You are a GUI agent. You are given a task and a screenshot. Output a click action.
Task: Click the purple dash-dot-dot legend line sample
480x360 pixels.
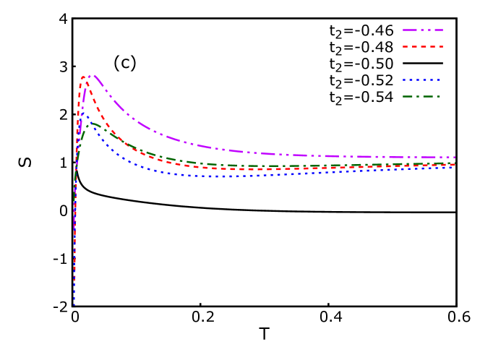pyautogui.click(x=423, y=30)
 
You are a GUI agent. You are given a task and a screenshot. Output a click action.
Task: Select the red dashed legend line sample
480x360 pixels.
pyautogui.click(x=423, y=47)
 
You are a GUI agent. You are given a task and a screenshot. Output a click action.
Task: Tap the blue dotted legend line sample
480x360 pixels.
pyautogui.click(x=422, y=80)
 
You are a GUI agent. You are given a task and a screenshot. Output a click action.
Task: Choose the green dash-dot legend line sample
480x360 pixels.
pyautogui.click(x=421, y=96)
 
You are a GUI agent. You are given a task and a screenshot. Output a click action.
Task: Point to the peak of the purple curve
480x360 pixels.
pyautogui.click(x=90, y=74)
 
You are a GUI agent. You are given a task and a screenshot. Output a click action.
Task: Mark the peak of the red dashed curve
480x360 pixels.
pyautogui.click(x=83, y=77)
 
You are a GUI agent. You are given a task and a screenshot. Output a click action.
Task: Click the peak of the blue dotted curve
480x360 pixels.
pyautogui.click(x=82, y=113)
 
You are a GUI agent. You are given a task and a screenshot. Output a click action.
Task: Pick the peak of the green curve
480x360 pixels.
pyautogui.click(x=92, y=123)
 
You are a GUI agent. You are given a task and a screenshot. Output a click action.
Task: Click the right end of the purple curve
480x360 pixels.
pyautogui.click(x=455, y=157)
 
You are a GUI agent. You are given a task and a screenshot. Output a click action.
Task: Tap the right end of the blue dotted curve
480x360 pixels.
pyautogui.click(x=454, y=167)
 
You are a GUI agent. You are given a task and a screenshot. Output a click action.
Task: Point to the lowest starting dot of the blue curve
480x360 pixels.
pyautogui.click(x=74, y=304)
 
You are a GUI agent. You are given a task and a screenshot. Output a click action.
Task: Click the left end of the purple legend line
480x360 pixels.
pyautogui.click(x=403, y=30)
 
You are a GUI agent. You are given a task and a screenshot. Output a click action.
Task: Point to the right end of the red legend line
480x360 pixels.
pyautogui.click(x=442, y=47)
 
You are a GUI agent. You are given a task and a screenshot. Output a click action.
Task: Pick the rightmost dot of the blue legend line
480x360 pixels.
pyautogui.click(x=440, y=80)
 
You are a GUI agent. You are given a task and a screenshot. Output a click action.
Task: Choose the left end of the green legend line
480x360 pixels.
pyautogui.click(x=403, y=96)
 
